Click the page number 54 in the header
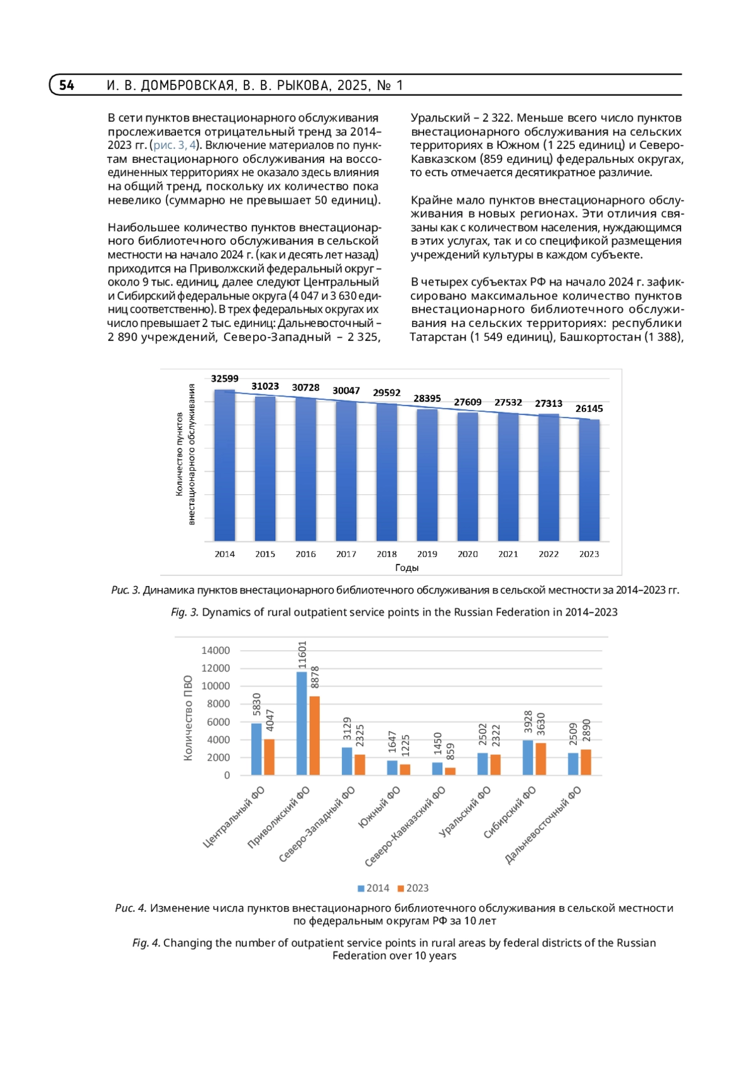67,85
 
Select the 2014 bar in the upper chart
224,465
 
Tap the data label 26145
589,409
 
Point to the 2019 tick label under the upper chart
427,554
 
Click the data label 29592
386,393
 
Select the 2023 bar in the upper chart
589,480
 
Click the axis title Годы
407,568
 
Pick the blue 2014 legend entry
373,888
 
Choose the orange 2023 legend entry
413,888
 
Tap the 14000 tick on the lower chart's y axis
216,650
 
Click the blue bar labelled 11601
302,723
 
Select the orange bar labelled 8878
315,735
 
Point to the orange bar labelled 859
451,771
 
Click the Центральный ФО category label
234,817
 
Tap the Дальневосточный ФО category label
544,826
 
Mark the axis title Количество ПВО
188,718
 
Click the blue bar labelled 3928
528,757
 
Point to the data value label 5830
256,704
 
